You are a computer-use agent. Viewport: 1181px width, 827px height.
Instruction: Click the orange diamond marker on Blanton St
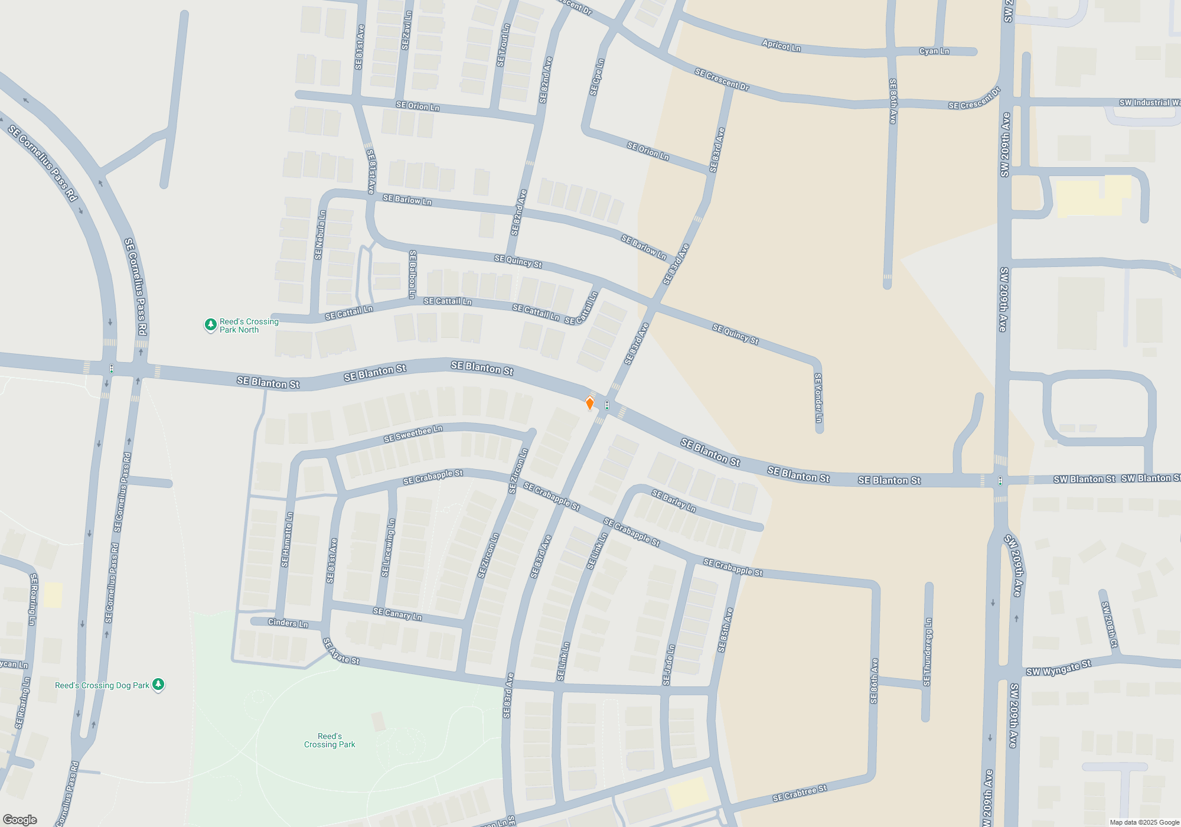point(589,403)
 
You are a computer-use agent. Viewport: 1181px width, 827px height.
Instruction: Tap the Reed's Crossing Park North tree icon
point(210,324)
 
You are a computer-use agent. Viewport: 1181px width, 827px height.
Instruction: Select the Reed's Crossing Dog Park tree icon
point(158,684)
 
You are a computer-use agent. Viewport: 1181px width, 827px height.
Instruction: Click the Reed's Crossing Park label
point(329,740)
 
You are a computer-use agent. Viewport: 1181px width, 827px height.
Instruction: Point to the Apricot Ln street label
point(781,45)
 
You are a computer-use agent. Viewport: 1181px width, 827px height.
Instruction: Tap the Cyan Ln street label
point(934,51)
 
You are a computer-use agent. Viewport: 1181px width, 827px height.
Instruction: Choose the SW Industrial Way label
point(1149,103)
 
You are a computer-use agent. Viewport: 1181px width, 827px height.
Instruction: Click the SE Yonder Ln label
point(818,398)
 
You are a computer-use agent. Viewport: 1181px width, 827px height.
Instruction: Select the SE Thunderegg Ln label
point(928,652)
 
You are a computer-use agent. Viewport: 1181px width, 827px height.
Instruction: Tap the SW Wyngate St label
point(1058,668)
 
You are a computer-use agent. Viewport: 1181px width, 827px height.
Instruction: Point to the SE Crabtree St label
point(800,793)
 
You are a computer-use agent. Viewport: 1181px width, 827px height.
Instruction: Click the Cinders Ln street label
point(288,623)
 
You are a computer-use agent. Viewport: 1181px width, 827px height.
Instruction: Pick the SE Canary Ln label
point(397,614)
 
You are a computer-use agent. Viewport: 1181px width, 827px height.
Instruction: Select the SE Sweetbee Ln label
point(413,434)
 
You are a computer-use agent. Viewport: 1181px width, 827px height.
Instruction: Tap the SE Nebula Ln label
point(320,235)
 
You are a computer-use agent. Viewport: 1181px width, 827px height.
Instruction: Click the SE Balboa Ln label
point(412,274)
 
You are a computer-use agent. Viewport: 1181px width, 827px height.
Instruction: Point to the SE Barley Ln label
point(674,501)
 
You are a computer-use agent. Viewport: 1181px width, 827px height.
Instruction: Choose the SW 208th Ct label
point(1110,624)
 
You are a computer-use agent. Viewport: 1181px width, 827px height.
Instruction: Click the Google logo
point(20,820)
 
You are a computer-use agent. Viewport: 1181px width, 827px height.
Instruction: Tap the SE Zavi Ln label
point(406,31)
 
